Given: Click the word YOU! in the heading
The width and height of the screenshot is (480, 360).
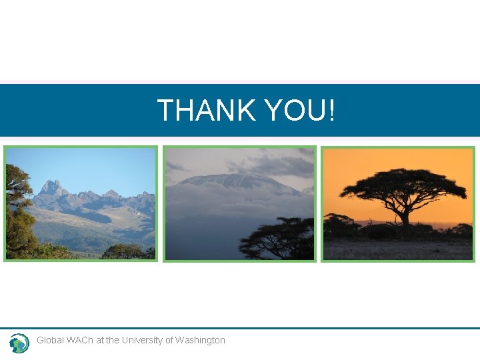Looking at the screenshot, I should pos(299,110).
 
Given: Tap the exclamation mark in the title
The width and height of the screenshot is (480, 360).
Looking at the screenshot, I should pos(331,110).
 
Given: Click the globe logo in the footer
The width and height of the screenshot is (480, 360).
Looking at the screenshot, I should pos(19,343).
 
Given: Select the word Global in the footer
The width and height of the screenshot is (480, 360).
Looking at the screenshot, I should pos(51,340).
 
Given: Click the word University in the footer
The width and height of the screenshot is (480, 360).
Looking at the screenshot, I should pos(142,340).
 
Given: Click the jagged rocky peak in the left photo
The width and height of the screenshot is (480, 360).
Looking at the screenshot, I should pos(52,189).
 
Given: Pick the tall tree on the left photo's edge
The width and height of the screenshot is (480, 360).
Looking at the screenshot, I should pos(16,207).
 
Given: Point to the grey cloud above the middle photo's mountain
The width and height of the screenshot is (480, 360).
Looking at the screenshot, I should pos(267,163).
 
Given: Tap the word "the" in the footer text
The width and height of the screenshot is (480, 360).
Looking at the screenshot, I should pos(113,340).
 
